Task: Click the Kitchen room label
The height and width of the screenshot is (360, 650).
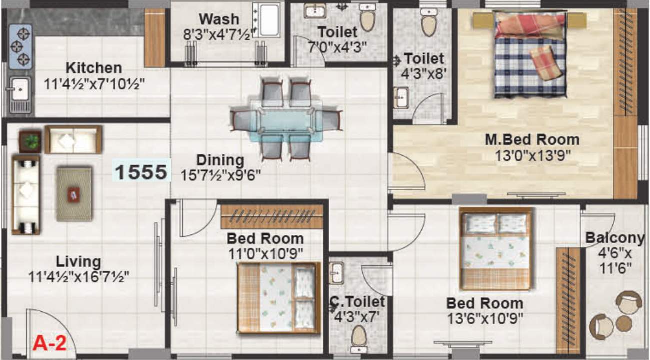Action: [x=93, y=68]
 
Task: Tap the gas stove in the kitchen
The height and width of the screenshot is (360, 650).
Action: [x=20, y=46]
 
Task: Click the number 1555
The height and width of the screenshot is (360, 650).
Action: [x=141, y=172]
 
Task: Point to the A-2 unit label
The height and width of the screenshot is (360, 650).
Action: [x=49, y=344]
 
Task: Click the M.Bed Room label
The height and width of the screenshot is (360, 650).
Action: [x=532, y=139]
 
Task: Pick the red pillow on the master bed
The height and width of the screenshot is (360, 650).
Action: [x=546, y=62]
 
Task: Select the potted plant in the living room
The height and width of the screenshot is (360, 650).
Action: [x=31, y=141]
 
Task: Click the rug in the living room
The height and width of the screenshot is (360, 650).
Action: [x=74, y=193]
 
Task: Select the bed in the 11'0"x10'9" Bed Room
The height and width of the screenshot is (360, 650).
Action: [x=278, y=297]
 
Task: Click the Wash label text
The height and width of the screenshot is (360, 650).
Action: [x=219, y=19]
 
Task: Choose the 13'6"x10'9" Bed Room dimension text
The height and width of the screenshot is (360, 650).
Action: [x=484, y=317]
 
